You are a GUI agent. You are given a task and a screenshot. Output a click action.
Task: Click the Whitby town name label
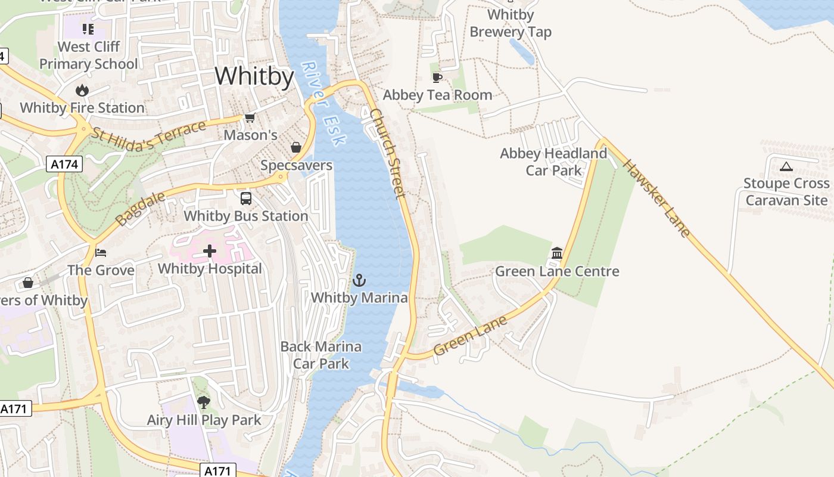point(254,77)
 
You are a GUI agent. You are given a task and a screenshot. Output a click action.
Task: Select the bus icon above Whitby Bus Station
point(246,199)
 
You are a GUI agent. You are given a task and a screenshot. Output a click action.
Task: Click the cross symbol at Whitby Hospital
point(210,251)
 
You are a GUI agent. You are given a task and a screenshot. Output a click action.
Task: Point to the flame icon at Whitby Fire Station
point(82,91)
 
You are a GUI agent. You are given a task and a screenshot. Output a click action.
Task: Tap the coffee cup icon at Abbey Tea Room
point(437,78)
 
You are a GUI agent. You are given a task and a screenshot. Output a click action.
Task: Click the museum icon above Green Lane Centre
point(557,253)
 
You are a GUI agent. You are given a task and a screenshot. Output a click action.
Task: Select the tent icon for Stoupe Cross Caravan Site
point(786,166)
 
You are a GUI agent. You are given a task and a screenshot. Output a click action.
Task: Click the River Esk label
point(323,103)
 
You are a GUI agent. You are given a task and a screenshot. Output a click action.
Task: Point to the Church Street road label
point(388,153)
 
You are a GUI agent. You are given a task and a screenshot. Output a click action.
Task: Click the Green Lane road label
point(470,335)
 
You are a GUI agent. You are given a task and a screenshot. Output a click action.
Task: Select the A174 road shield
point(64,164)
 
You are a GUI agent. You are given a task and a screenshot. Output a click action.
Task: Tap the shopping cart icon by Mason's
point(250,118)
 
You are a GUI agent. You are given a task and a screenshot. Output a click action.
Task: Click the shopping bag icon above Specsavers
point(295,147)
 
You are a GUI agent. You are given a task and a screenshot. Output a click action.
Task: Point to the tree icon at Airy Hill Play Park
point(204,402)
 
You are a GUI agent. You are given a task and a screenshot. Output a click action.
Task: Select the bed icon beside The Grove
point(101,253)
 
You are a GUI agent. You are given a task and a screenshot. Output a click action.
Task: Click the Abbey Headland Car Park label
point(553,162)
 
